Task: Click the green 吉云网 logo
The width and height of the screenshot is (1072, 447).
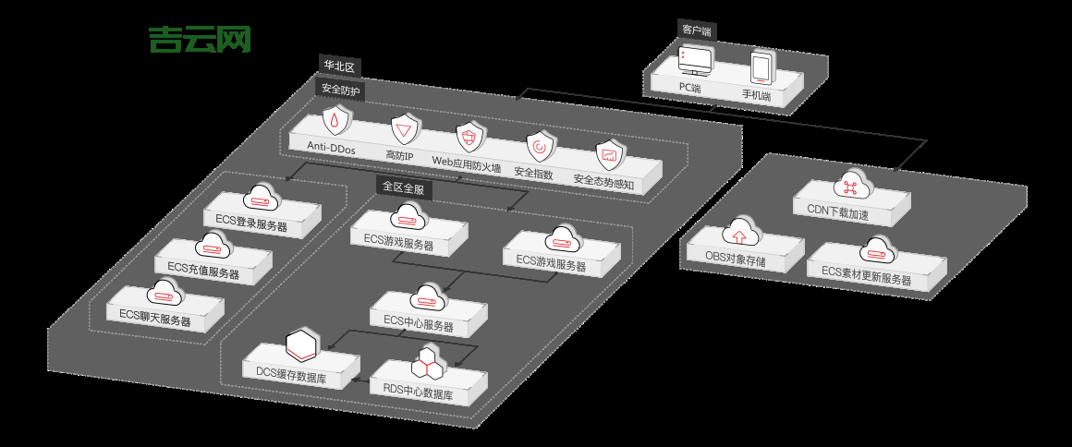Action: coord(200,39)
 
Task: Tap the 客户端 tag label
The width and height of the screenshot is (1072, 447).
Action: coord(697,30)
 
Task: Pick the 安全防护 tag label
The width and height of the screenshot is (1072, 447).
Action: coord(341,90)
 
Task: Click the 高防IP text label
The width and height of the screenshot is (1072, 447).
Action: coord(399,155)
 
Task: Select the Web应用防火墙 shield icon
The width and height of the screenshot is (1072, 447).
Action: coord(469,139)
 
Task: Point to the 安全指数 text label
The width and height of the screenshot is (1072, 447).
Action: coord(533,174)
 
